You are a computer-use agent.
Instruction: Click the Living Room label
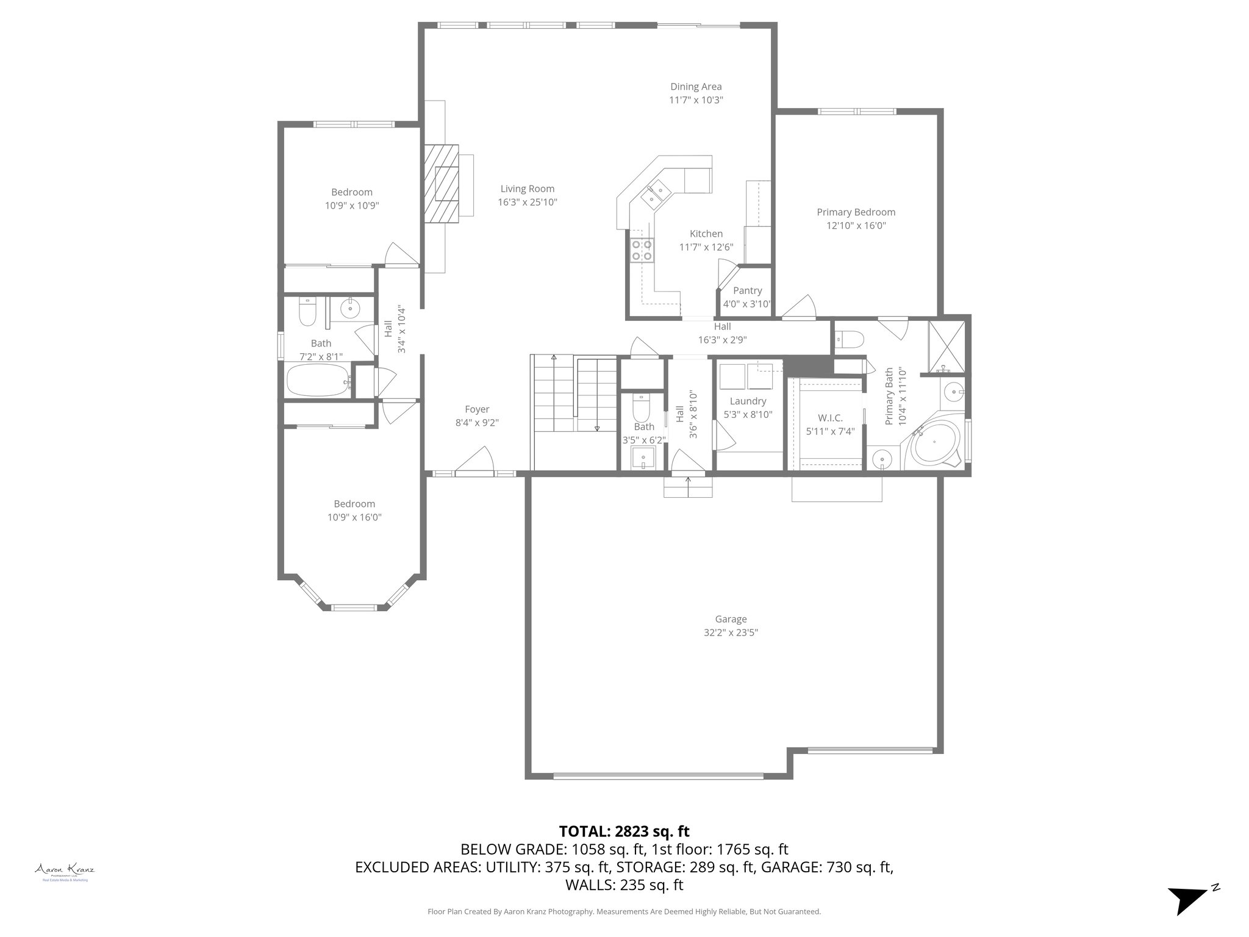point(527,189)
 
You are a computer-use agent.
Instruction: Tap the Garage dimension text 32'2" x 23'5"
point(731,633)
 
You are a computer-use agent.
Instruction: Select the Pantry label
point(747,291)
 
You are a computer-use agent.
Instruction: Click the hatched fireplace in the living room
point(442,184)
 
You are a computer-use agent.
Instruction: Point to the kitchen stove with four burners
point(641,251)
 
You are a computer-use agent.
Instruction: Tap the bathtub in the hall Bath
point(318,381)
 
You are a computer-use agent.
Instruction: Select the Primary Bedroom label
point(856,212)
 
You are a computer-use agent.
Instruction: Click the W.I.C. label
point(830,418)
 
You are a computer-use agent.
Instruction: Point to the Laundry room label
point(748,401)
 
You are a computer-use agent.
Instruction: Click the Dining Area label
point(696,87)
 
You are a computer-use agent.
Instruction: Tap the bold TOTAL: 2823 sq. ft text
point(624,831)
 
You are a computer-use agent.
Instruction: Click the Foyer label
point(477,409)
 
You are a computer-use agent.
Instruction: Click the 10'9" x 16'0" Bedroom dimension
point(354,517)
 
